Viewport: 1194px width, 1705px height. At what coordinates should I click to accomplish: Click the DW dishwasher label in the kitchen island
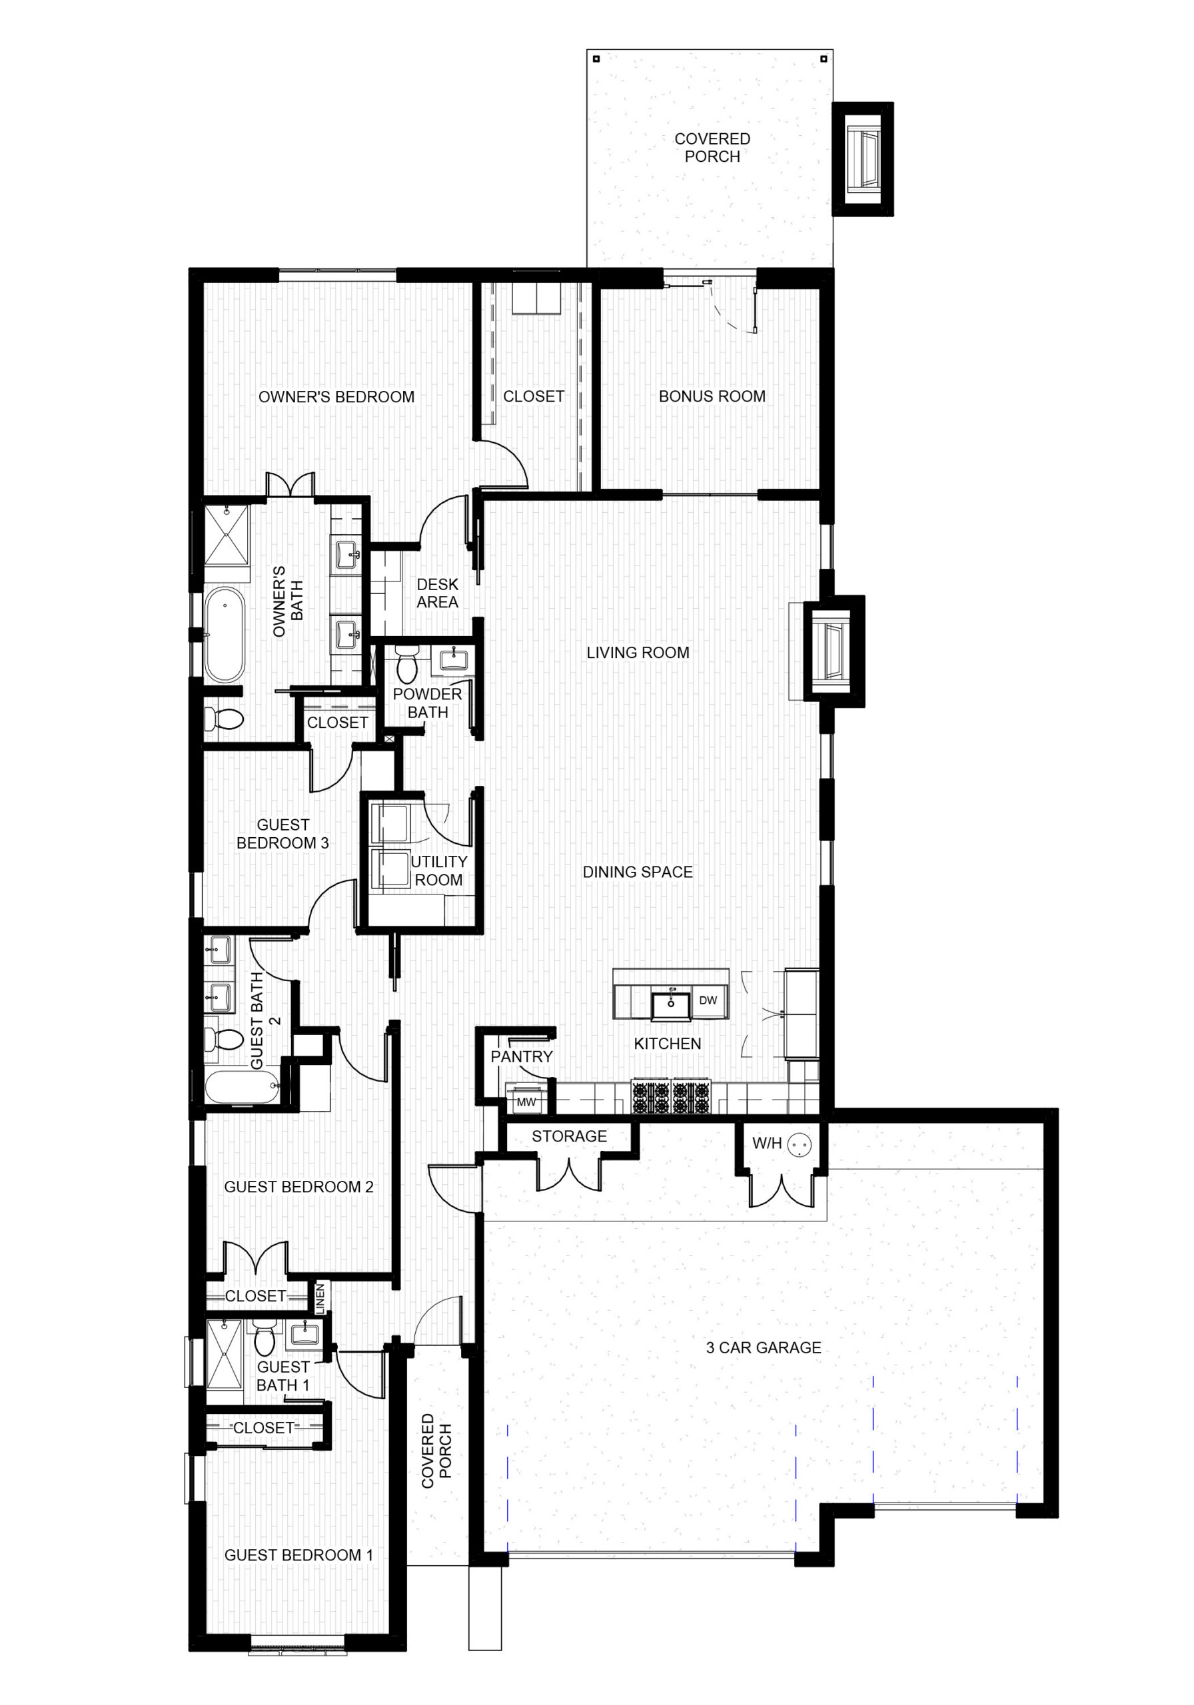(708, 1000)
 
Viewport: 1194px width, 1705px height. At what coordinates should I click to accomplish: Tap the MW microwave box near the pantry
(526, 1102)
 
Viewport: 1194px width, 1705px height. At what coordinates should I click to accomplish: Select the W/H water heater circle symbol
(800, 1144)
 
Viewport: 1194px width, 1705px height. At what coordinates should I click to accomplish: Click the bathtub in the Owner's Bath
(225, 635)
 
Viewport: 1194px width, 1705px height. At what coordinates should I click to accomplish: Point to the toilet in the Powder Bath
(406, 663)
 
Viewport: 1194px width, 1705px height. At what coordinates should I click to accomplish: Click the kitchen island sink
(671, 1006)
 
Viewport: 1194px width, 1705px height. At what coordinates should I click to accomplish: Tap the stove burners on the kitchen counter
(672, 1096)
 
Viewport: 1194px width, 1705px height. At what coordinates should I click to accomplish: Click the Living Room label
(638, 653)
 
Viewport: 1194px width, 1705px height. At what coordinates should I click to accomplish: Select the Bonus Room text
(712, 396)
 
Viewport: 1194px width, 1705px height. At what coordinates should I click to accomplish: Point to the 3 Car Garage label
(764, 1348)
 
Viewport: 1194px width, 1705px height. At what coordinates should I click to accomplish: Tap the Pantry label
(522, 1057)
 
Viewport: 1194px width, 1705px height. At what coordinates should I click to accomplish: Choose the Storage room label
(569, 1136)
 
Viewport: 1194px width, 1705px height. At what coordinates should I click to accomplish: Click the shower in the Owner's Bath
(227, 535)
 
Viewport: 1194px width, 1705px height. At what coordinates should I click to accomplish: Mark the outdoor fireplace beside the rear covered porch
(863, 159)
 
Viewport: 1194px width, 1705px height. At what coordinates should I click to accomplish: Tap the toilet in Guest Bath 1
(264, 1337)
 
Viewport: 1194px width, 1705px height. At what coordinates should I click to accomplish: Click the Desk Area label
(437, 593)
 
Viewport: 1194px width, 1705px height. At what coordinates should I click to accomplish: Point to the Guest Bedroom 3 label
(283, 834)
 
